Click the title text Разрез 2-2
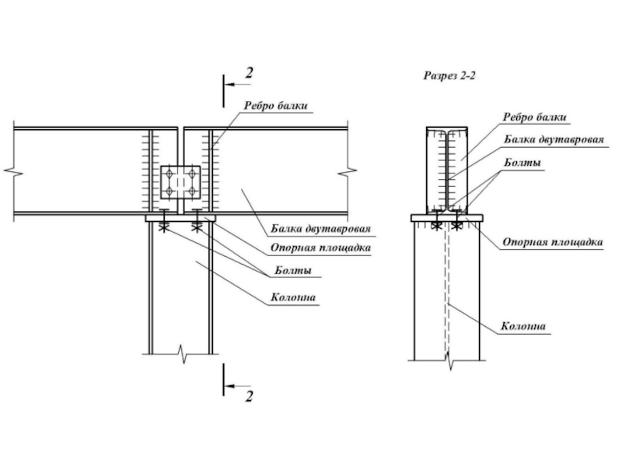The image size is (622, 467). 449,75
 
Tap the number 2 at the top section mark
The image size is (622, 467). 249,72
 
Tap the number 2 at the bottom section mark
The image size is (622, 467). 249,396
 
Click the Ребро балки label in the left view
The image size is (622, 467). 276,106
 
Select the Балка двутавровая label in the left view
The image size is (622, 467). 320,228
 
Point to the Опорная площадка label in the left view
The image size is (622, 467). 320,248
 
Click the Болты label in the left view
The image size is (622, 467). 293,270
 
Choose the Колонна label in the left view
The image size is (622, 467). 293,297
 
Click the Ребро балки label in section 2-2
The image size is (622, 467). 535,118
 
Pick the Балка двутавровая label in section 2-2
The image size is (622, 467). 554,139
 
